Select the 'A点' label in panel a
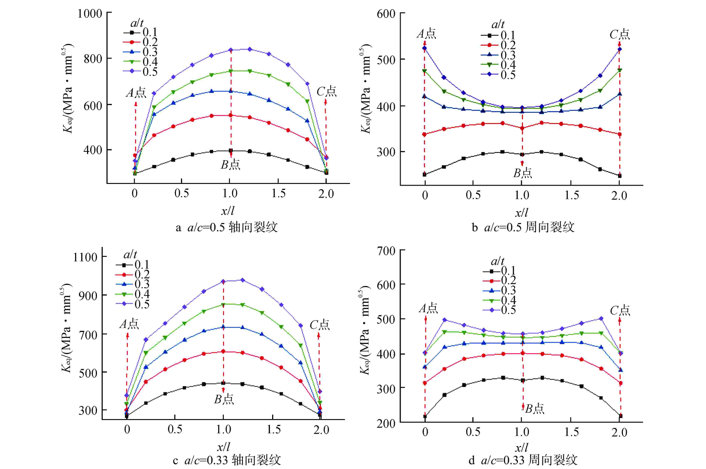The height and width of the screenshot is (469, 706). [136, 93]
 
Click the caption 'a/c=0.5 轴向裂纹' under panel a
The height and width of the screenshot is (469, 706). [227, 227]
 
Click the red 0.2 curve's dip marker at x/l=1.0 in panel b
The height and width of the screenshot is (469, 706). [522, 128]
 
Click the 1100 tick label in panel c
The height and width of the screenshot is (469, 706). [85, 257]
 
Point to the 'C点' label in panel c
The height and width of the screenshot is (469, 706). [319, 325]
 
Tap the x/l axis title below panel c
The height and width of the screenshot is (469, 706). [223, 447]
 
